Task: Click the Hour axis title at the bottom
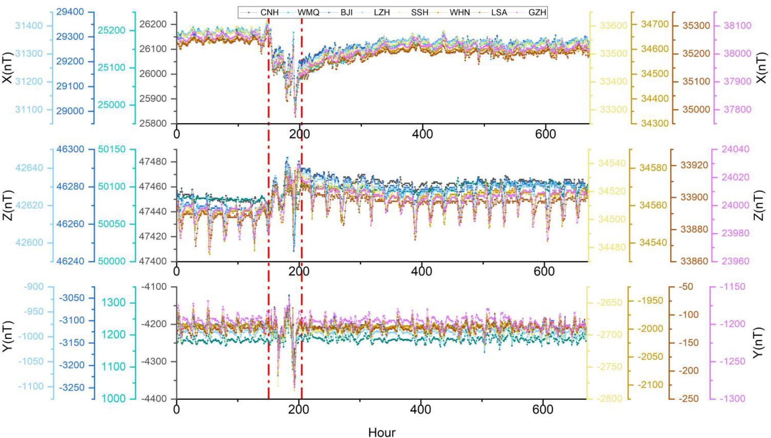(x=382, y=432)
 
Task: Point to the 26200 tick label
(x=153, y=24)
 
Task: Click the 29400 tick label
(x=70, y=12)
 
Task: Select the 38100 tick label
(x=738, y=25)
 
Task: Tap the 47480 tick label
(x=152, y=162)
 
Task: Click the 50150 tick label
(x=112, y=149)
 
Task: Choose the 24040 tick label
(x=735, y=149)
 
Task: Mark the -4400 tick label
(x=153, y=399)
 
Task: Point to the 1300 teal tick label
(x=114, y=303)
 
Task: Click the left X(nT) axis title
(x=8, y=67)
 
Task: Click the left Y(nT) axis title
(x=8, y=336)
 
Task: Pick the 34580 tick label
(x=653, y=168)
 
